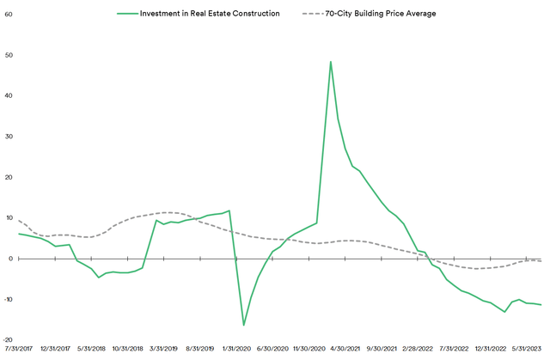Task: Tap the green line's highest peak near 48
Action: pos(331,62)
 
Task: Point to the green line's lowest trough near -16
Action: pos(244,325)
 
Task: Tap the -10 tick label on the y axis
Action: pos(7,299)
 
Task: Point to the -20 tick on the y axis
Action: pos(7,339)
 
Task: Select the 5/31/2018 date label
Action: pos(91,350)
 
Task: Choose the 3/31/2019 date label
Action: pos(164,350)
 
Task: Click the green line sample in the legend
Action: pos(130,14)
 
